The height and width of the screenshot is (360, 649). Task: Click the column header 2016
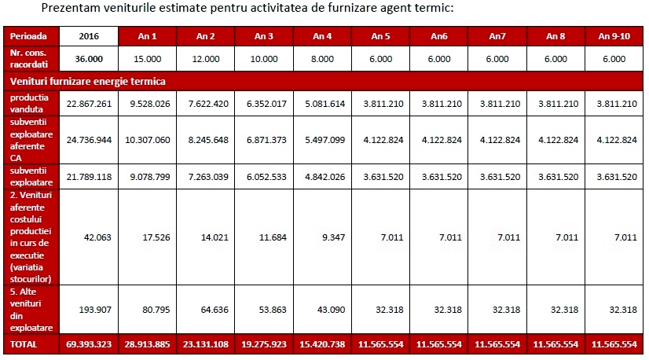click(88, 36)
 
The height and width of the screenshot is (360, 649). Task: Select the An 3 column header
click(264, 36)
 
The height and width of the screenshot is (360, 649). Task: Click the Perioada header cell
click(29, 36)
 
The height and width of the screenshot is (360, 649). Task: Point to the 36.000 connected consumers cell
click(88, 58)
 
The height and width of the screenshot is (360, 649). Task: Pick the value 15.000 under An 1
click(147, 58)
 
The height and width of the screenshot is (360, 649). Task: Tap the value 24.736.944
click(88, 139)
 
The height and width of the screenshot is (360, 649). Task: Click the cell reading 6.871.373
click(264, 139)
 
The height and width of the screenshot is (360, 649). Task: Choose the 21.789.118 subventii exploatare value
click(88, 177)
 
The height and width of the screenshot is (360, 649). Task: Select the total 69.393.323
click(88, 344)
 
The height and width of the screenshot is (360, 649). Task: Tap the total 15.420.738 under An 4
click(322, 344)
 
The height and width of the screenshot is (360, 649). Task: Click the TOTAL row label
click(24, 344)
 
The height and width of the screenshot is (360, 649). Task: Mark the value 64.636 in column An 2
click(205, 309)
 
